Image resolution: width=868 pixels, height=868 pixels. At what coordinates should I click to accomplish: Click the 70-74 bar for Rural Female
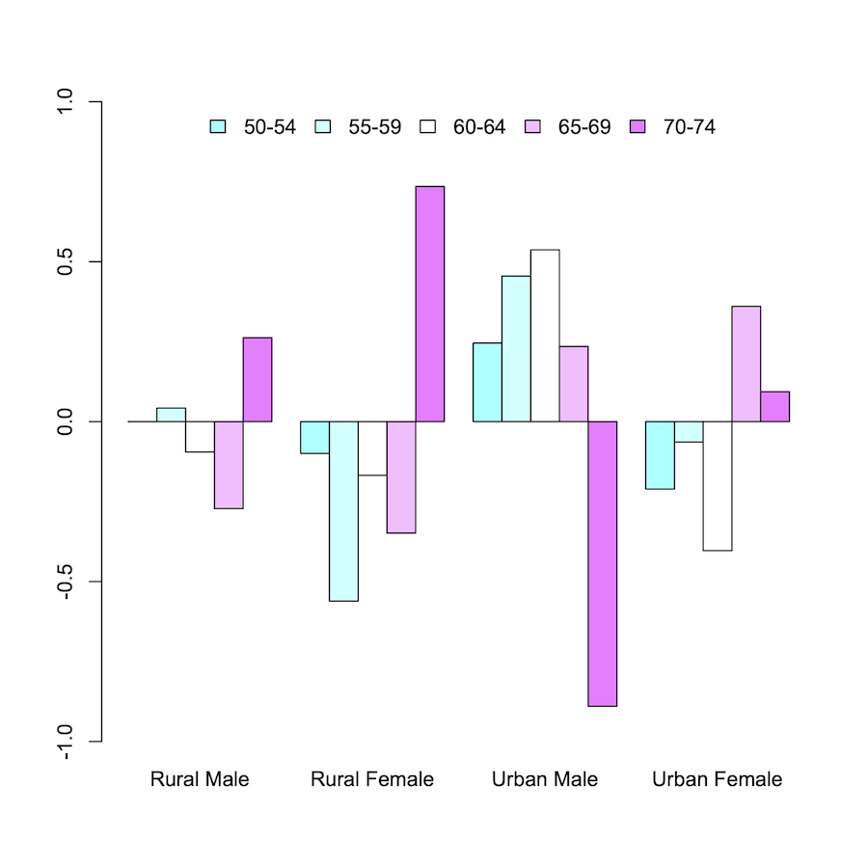point(429,304)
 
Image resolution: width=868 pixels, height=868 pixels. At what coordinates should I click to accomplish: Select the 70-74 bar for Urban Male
point(602,563)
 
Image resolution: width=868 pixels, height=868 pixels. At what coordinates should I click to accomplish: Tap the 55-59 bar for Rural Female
point(343,511)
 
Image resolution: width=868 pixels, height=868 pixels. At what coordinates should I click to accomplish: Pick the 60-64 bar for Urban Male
point(545,336)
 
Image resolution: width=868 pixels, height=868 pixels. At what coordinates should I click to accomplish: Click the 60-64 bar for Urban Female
point(718,486)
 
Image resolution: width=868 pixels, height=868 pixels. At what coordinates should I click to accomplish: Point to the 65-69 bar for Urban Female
point(746,364)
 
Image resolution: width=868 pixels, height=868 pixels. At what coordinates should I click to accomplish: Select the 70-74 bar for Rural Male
point(258,379)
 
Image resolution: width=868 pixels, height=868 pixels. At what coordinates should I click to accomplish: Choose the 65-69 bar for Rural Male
point(229,465)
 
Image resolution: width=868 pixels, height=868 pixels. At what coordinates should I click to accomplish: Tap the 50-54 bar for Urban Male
point(487,382)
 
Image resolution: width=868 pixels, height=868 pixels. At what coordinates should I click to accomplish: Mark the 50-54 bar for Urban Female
point(660,455)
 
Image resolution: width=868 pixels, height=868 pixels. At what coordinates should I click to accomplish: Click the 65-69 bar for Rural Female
point(401,477)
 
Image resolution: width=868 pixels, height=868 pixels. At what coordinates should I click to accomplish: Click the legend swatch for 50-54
point(218,126)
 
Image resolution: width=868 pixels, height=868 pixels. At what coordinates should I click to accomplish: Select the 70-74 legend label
point(689,126)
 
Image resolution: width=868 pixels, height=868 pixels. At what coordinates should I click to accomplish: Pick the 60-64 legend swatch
point(427,126)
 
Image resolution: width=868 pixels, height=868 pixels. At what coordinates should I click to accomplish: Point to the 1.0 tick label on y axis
point(66,102)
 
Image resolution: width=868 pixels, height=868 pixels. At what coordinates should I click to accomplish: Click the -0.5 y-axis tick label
point(66,582)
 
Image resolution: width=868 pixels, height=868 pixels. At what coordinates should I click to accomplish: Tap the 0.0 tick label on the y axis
point(66,421)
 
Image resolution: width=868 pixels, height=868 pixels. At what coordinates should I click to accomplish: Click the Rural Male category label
point(200,779)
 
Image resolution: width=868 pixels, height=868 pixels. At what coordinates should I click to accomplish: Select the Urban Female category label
point(717,779)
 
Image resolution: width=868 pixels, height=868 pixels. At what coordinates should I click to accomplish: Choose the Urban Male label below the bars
point(545,779)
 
